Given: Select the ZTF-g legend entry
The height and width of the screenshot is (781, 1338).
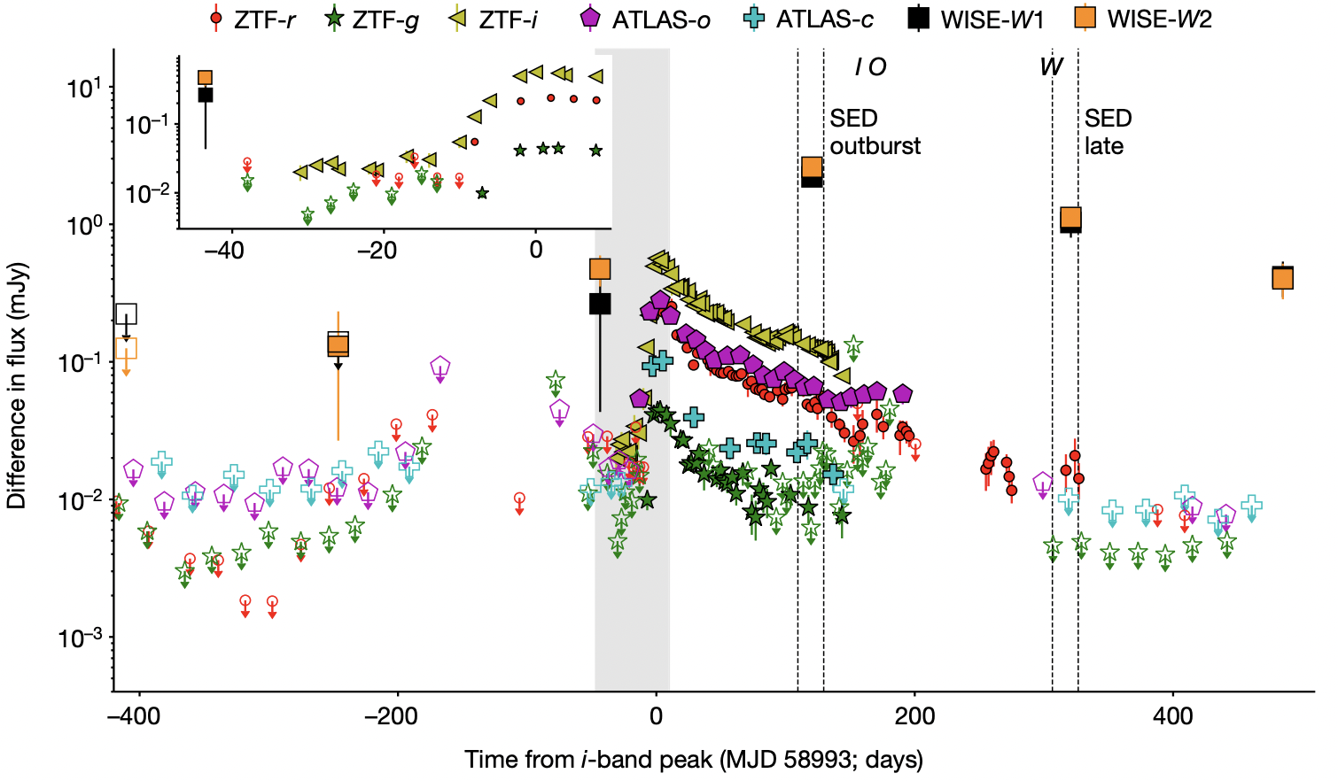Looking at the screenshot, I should point(373,19).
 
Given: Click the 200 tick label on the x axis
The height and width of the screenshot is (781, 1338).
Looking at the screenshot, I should point(914,715).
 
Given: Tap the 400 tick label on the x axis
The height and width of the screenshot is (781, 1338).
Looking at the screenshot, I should point(1173,715).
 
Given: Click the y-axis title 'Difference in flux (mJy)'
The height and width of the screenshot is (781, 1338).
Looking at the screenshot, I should point(17,385).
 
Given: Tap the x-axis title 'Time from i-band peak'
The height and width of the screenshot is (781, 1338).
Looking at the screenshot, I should point(694,760).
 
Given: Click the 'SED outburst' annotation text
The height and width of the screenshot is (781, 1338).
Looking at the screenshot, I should point(875,132).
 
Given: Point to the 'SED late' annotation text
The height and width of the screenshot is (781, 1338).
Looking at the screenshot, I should point(1108,132).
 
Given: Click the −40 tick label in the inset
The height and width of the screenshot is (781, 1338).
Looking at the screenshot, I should point(223,251).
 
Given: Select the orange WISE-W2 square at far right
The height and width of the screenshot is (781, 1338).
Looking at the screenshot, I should point(1282,278).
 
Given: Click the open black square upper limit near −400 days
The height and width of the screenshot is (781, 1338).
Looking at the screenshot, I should point(126,313).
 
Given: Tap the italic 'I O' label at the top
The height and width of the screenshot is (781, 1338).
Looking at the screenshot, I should point(870,67).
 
